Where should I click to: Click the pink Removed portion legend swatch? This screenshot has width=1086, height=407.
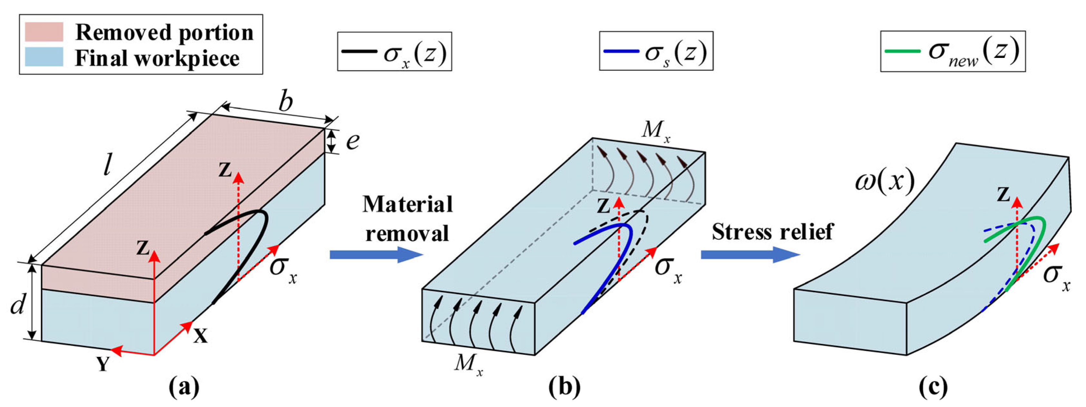(44, 32)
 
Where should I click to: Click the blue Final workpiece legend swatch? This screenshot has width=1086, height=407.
(44, 57)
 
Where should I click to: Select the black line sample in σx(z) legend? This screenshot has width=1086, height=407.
(359, 51)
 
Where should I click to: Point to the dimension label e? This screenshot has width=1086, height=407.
(353, 141)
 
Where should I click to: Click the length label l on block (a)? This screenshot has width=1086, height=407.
(107, 164)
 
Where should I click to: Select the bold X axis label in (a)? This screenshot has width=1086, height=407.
(201, 336)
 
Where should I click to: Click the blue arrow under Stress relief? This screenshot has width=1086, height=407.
(750, 255)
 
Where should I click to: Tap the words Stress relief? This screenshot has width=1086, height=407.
(772, 232)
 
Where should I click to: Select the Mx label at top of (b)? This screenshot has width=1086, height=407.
(656, 130)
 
